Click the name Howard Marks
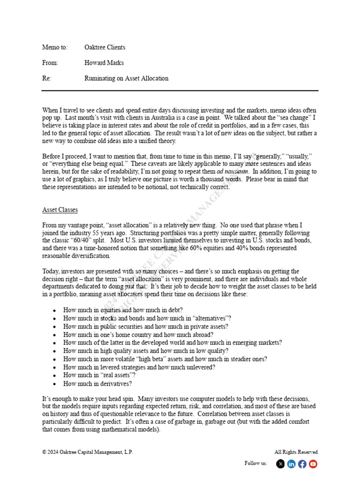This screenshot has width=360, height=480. click(104, 63)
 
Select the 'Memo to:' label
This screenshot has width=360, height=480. click(55, 47)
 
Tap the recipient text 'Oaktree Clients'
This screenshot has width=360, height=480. click(105, 47)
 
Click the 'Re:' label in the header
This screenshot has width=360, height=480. click(46, 78)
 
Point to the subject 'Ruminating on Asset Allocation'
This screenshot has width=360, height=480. click(126, 78)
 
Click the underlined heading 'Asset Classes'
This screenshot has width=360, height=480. click(60, 210)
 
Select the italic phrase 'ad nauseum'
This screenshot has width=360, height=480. click(232, 172)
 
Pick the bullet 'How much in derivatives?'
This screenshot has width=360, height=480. click(97, 384)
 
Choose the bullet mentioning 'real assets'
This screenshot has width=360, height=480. click(99, 375)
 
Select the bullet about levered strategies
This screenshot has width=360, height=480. click(139, 367)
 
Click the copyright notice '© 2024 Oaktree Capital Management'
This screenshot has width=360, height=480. click(87, 452)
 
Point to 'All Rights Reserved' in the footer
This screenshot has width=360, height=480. click(296, 452)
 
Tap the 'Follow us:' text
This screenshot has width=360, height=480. click(256, 464)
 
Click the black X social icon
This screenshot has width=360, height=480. click(280, 464)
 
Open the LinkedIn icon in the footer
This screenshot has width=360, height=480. click(292, 464)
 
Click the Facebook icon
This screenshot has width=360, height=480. click(302, 464)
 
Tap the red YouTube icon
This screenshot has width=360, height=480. click(313, 464)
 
